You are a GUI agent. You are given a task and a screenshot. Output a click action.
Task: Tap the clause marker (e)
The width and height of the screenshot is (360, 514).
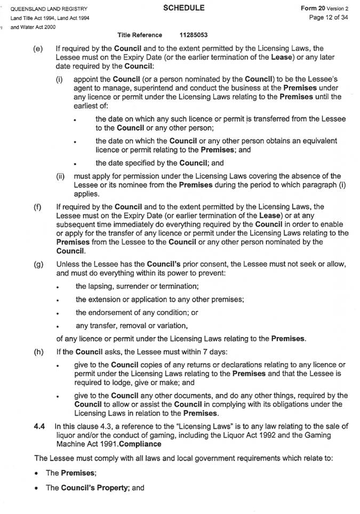pyautogui.click(x=38, y=49)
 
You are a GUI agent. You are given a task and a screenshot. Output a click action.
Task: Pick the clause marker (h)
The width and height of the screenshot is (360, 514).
pyautogui.click(x=38, y=351)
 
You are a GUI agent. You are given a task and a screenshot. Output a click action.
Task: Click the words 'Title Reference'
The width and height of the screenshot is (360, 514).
pyautogui.click(x=140, y=35)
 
